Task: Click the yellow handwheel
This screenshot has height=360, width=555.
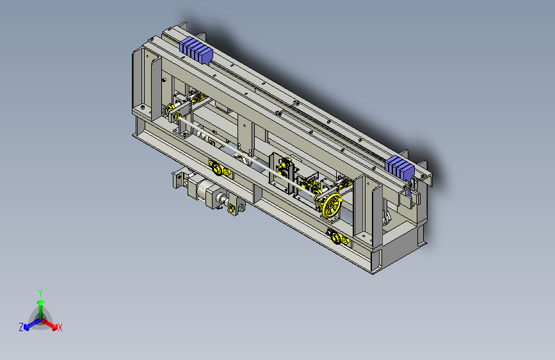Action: point(332,205)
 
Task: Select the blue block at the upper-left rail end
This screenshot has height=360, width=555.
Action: point(196,51)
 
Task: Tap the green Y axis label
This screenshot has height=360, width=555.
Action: point(40,293)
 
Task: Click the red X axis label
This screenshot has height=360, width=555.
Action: point(60,328)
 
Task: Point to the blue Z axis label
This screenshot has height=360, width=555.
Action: point(21,327)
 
